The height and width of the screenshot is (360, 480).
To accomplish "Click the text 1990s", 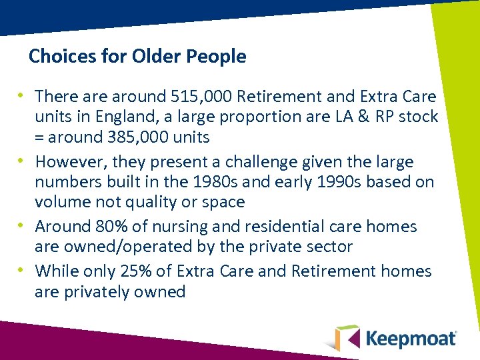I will pyautogui.click(x=341, y=182).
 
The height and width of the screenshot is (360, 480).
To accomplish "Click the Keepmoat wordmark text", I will pyautogui.click(x=411, y=338).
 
